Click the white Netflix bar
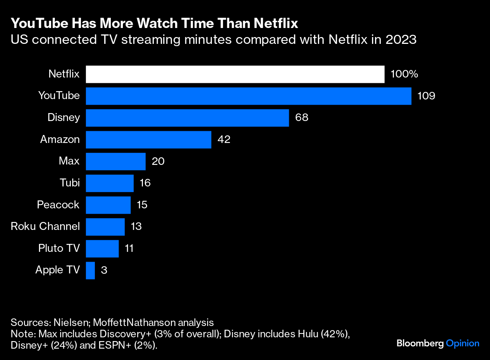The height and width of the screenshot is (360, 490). (235, 74)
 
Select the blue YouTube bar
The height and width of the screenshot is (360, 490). (248, 96)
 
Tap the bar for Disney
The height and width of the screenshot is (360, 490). (187, 118)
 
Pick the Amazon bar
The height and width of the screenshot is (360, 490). (148, 140)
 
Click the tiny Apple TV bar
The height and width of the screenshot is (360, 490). (90, 270)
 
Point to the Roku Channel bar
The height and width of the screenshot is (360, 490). (105, 227)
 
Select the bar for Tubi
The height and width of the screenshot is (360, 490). (110, 183)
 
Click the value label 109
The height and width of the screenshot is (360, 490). (426, 96)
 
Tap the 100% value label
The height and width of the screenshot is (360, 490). (404, 74)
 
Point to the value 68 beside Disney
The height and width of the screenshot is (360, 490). (302, 118)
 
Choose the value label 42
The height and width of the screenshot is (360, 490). (224, 140)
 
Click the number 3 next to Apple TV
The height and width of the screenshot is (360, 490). (104, 270)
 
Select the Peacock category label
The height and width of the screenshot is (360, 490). (58, 205)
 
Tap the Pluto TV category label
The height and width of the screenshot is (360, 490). (59, 248)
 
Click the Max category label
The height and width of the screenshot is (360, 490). (69, 161)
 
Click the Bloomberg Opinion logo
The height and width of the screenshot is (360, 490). (438, 343)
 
